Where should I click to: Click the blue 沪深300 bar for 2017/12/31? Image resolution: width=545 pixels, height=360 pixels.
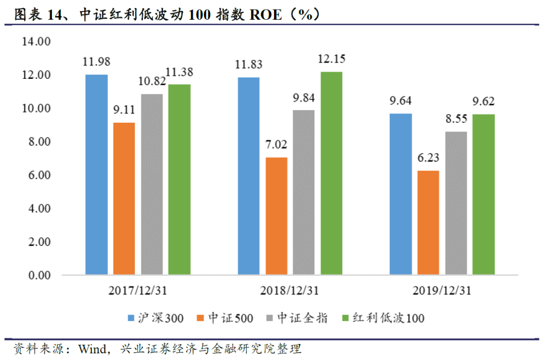(x=96, y=175)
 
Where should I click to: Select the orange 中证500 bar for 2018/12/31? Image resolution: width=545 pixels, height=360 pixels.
(x=276, y=216)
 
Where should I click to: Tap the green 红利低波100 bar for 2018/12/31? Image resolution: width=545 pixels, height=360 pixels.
(x=332, y=173)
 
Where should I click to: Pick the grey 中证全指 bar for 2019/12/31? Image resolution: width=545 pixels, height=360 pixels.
(x=456, y=203)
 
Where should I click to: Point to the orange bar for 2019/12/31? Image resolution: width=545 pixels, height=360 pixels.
(x=428, y=223)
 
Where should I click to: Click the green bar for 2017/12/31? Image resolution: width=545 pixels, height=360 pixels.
(x=179, y=180)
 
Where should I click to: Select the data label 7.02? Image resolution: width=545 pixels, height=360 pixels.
(x=276, y=145)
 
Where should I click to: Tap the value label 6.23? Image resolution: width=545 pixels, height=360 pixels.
(x=428, y=158)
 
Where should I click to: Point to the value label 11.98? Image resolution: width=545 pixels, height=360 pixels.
(x=96, y=62)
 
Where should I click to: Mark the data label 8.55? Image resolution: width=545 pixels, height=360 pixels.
(x=456, y=119)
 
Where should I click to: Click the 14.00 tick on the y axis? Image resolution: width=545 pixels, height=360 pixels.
(x=36, y=42)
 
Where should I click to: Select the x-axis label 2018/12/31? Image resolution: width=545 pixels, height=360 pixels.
(x=290, y=291)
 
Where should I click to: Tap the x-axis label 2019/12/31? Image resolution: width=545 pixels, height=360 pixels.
(x=442, y=291)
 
